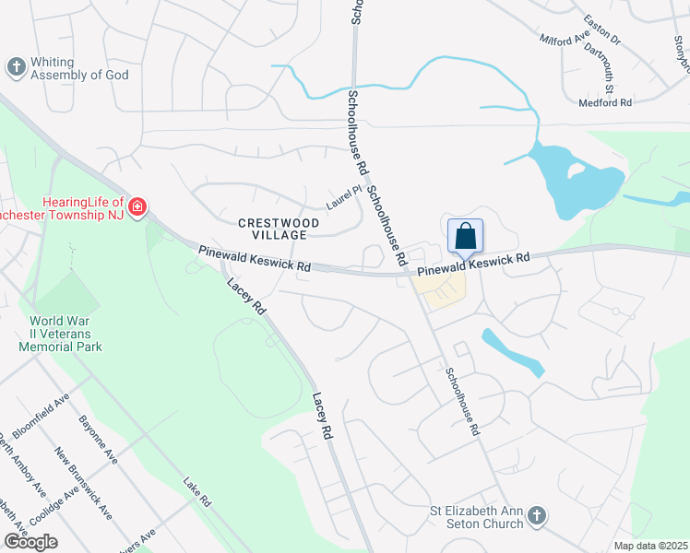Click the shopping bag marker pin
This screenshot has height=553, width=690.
click(466, 236)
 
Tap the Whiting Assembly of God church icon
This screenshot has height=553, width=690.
click(16, 67)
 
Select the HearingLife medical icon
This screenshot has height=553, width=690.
click(137, 206)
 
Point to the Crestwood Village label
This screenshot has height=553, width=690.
click(279, 229)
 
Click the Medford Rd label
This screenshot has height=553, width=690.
click(605, 102)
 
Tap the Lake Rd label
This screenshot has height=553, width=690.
click(197, 492)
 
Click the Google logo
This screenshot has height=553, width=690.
click(30, 541)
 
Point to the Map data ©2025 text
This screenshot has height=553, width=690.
click(650, 546)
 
